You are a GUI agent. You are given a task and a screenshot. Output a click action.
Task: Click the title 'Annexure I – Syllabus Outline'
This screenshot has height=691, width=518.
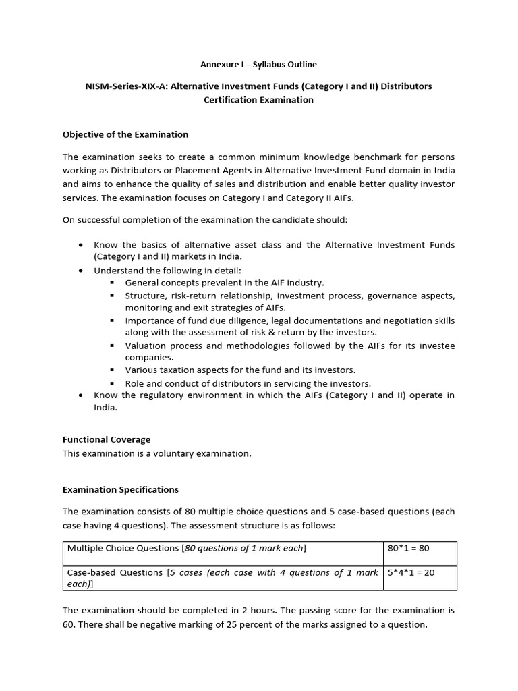point(258,65)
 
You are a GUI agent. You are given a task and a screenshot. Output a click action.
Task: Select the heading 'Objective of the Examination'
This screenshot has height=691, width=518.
point(125,134)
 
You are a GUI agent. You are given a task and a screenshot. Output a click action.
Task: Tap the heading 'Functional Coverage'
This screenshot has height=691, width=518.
point(107,439)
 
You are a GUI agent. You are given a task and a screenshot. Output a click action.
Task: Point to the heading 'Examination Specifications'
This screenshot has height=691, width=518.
point(121,489)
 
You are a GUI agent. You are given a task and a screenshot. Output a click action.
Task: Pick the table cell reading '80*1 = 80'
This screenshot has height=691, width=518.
point(409,548)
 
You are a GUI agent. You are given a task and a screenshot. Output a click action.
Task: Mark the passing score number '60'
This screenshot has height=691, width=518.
point(69,624)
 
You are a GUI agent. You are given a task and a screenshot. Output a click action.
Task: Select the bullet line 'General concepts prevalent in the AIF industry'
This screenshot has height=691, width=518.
point(225,283)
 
